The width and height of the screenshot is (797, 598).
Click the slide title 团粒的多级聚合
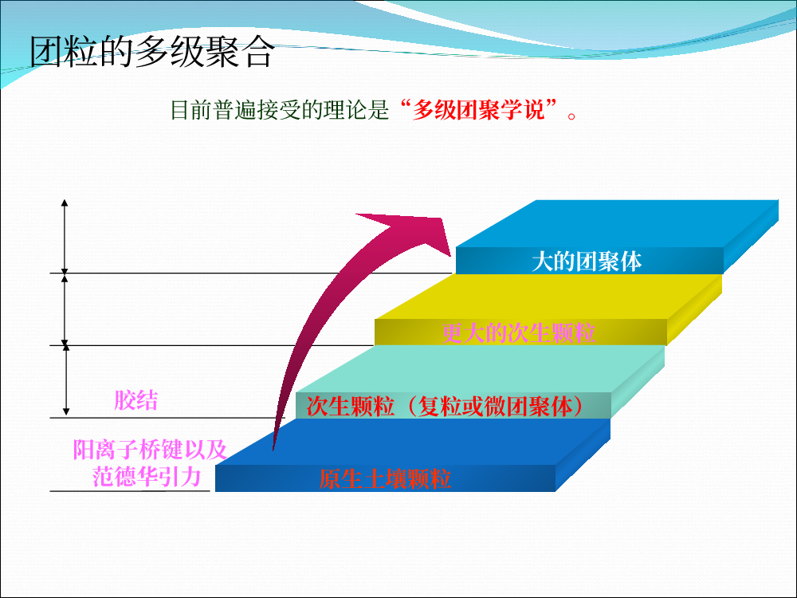(151, 51)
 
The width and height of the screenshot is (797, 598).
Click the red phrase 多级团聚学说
(477, 110)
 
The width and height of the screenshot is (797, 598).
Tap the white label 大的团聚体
(586, 262)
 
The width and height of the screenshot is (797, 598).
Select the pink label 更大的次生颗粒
(518, 333)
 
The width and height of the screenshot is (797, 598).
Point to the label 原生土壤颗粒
(385, 479)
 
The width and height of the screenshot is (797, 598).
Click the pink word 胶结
(135, 400)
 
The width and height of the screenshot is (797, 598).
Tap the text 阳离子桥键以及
(150, 450)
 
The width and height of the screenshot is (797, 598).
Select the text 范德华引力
(147, 477)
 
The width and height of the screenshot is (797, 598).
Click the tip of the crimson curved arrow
(450, 256)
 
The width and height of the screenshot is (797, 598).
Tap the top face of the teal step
(481, 369)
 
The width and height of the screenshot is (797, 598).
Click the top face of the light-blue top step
(618, 224)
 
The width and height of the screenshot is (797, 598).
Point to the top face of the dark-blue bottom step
(413, 442)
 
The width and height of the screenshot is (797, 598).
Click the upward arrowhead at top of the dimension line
(65, 203)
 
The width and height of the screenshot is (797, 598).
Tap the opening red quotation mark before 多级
(405, 104)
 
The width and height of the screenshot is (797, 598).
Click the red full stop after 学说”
(571, 116)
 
